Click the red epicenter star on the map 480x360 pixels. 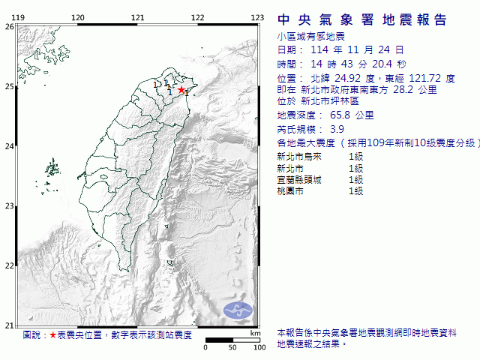[x=180, y=90]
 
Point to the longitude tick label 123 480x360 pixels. [x=256, y=17]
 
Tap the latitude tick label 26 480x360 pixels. [x=9, y=27]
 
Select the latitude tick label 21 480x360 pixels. [x=9, y=325]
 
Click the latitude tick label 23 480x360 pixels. [x=9, y=205]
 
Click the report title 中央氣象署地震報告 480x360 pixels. [x=362, y=19]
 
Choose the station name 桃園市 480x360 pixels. [x=289, y=191]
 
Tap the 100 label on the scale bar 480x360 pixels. [x=259, y=347]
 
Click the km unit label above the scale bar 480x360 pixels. [x=256, y=333]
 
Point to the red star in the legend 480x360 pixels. [x=52, y=335]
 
